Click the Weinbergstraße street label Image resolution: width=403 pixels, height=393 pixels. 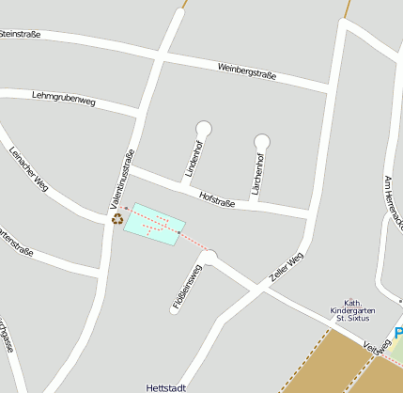pos(247,71)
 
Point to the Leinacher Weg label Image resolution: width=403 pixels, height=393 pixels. pos(28,170)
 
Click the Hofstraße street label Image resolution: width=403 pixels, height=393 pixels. pos(217,199)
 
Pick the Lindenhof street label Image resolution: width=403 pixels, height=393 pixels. pos(194,158)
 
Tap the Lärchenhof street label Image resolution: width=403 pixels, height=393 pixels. pos(257,172)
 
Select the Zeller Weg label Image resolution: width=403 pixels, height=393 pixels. pos(287,266)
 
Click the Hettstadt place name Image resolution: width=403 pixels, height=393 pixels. pos(168,386)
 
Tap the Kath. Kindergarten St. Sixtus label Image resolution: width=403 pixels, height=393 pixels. pos(353,310)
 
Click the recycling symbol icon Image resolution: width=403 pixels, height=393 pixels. pos(117,219)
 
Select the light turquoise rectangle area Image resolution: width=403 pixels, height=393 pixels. pos(153,224)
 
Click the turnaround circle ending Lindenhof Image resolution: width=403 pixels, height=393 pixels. pos(203,129)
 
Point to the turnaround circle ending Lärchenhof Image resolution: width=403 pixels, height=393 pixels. pos(262,142)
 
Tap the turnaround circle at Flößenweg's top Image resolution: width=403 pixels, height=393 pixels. pos(209,256)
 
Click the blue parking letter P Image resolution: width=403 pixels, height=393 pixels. pos(398,333)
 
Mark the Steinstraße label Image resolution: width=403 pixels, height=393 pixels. pos(23,35)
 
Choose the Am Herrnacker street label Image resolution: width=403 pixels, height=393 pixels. pos(394,206)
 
